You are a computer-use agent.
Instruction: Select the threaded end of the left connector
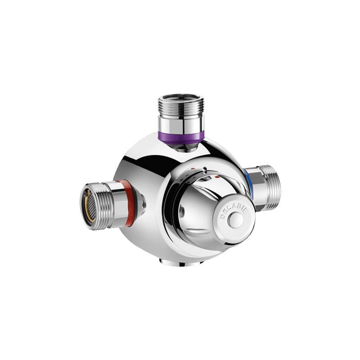coord(102,205)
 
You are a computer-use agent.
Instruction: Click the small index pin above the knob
coord(205,171)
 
